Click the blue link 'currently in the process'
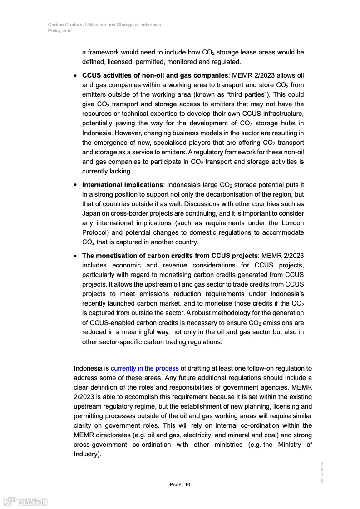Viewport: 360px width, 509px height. pyautogui.click(x=145, y=368)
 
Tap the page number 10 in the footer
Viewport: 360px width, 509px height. pyautogui.click(x=187, y=484)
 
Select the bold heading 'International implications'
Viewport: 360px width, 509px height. pyautogui.click(x=123, y=185)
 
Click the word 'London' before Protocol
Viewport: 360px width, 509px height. pyautogui.click(x=293, y=223)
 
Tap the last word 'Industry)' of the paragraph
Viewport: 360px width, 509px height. pyautogui.click(x=87, y=454)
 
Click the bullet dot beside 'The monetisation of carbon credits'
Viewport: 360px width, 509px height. pyautogui.click(x=75, y=256)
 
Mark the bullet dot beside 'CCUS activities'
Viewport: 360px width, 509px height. pyautogui.click(x=75, y=75)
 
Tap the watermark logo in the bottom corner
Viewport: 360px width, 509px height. pyautogui.click(x=25, y=502)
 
